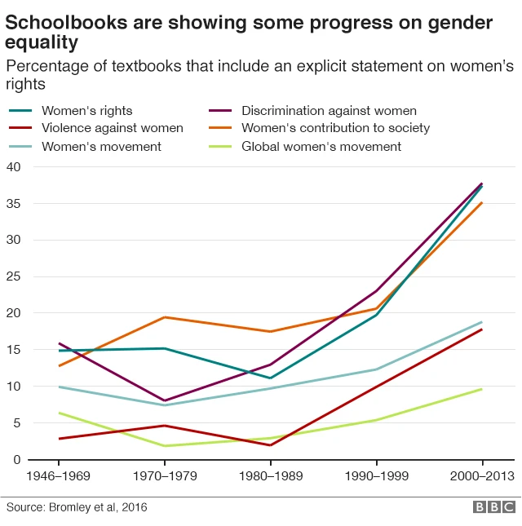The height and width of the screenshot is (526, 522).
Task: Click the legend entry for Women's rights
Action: (x=86, y=110)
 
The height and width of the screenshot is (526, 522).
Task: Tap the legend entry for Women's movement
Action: (x=101, y=146)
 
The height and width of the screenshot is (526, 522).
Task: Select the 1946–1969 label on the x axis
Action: (x=59, y=475)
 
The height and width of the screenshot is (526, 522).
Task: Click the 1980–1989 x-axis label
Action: (x=270, y=475)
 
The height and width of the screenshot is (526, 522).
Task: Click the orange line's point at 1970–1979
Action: (x=165, y=317)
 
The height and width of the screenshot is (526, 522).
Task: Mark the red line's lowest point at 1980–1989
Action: (x=270, y=445)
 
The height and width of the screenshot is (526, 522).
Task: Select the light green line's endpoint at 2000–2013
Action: (x=481, y=389)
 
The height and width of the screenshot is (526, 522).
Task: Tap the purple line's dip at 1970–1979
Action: (x=165, y=401)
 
